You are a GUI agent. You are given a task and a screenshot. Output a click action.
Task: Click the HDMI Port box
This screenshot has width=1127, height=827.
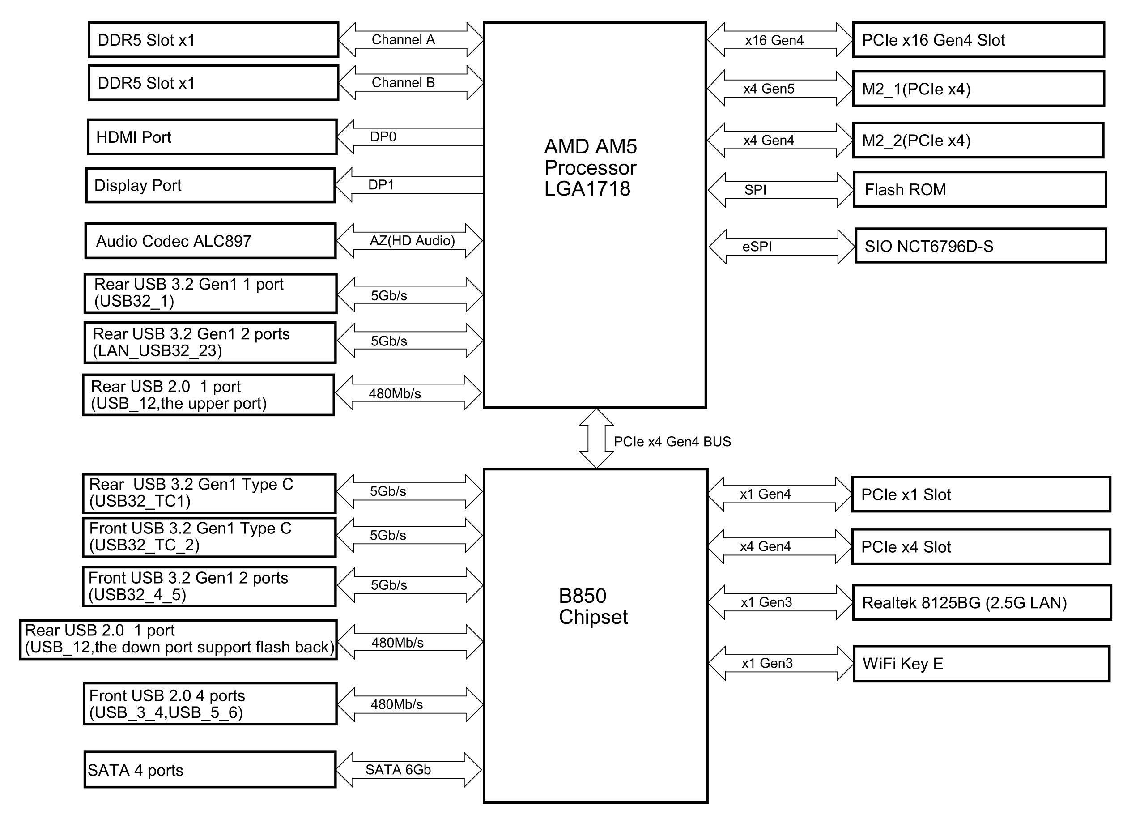click(x=212, y=136)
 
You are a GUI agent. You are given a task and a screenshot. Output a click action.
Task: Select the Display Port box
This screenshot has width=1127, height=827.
click(x=210, y=185)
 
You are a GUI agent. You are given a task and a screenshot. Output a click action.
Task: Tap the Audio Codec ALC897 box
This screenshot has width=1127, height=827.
click(x=210, y=241)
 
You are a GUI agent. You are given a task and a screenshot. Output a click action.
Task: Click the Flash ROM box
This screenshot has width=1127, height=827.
click(x=979, y=189)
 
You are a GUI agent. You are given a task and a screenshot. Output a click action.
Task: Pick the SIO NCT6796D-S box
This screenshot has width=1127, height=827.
click(x=980, y=246)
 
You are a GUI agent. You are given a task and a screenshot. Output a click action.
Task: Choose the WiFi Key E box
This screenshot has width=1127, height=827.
click(x=981, y=663)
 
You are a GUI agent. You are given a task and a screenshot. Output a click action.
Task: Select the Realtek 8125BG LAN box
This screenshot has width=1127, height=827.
click(x=981, y=602)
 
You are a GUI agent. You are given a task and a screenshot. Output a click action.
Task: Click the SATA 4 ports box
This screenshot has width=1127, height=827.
click(x=210, y=769)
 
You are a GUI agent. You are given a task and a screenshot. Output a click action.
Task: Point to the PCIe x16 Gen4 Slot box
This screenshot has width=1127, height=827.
click(x=978, y=39)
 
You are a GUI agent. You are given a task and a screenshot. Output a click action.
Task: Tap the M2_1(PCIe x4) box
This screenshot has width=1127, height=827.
click(x=978, y=89)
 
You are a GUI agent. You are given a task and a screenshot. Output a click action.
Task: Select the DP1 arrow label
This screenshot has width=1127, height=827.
click(x=381, y=185)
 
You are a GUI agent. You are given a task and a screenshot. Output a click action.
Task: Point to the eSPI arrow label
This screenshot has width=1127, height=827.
click(x=757, y=246)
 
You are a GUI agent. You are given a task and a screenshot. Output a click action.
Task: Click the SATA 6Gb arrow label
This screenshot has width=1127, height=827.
click(x=398, y=769)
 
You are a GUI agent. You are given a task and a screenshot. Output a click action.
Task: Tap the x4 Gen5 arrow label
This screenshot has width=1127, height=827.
click(x=769, y=89)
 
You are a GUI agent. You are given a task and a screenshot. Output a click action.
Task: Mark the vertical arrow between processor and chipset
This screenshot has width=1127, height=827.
click(x=596, y=438)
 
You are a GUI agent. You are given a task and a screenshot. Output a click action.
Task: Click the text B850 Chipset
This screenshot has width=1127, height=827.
click(x=593, y=606)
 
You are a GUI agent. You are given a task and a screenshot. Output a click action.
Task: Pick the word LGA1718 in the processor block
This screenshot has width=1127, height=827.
click(x=587, y=189)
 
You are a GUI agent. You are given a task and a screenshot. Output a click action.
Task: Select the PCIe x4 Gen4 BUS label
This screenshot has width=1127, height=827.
click(x=672, y=442)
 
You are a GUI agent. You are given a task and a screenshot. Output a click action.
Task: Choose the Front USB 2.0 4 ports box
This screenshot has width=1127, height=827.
click(x=210, y=703)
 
